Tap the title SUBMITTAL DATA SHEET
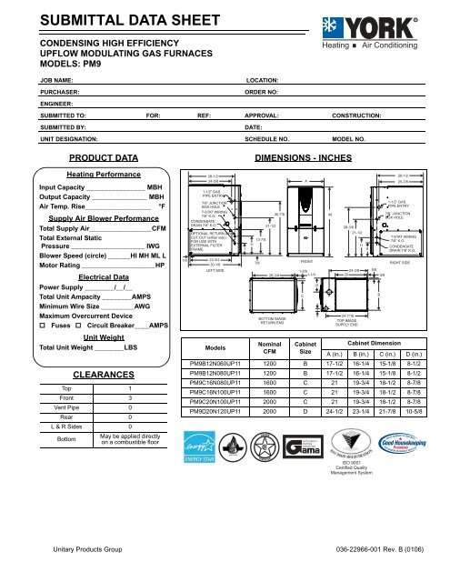pyautogui.click(x=124, y=21)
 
